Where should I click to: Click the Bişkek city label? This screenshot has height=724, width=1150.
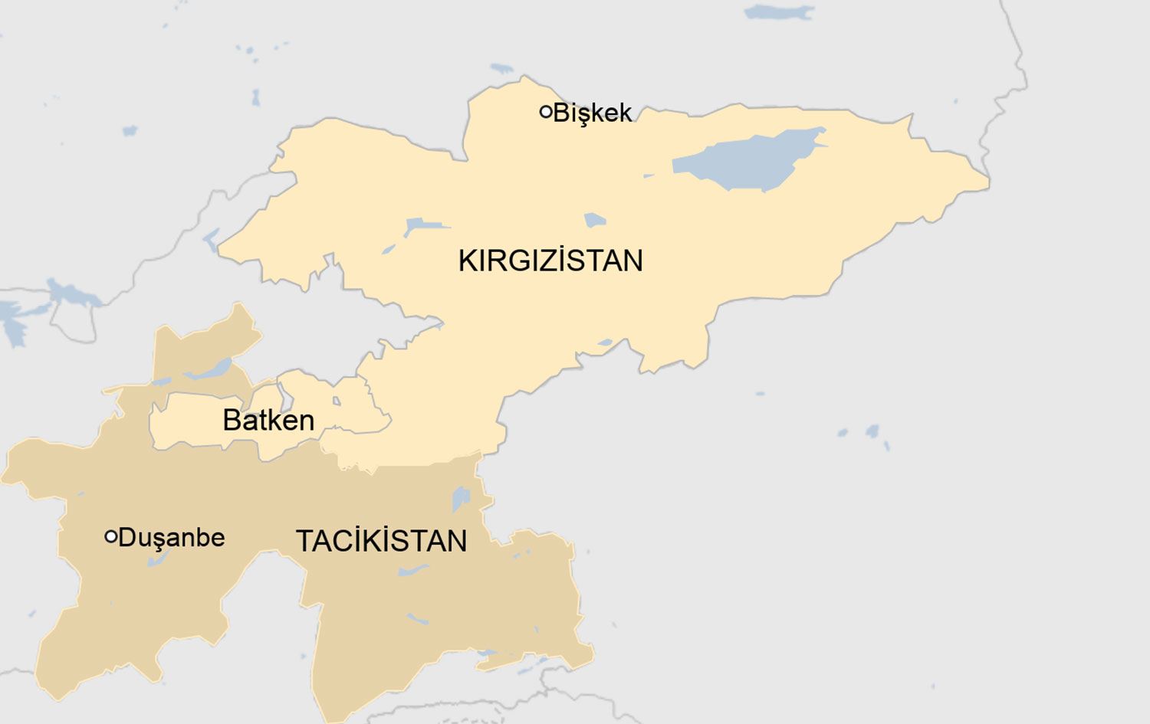click(592, 113)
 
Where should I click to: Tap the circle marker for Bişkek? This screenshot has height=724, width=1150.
click(546, 112)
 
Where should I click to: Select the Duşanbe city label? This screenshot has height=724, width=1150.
click(172, 538)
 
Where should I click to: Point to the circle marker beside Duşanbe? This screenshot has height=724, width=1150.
click(110, 537)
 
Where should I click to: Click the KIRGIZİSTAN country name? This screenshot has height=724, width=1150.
click(550, 261)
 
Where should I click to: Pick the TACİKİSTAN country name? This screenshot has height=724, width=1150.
click(381, 542)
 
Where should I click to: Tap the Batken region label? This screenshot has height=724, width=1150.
click(268, 421)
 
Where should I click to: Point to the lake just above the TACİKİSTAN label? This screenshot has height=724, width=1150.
click(460, 499)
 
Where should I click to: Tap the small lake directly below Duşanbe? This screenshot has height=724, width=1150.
click(157, 560)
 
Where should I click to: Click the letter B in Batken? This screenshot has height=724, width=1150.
click(231, 421)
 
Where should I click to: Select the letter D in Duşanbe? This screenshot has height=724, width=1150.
click(127, 538)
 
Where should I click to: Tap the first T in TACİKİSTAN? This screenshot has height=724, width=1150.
click(304, 542)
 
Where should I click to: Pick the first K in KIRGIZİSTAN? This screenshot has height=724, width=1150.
click(467, 261)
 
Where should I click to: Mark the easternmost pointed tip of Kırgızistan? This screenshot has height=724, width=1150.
click(987, 182)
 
